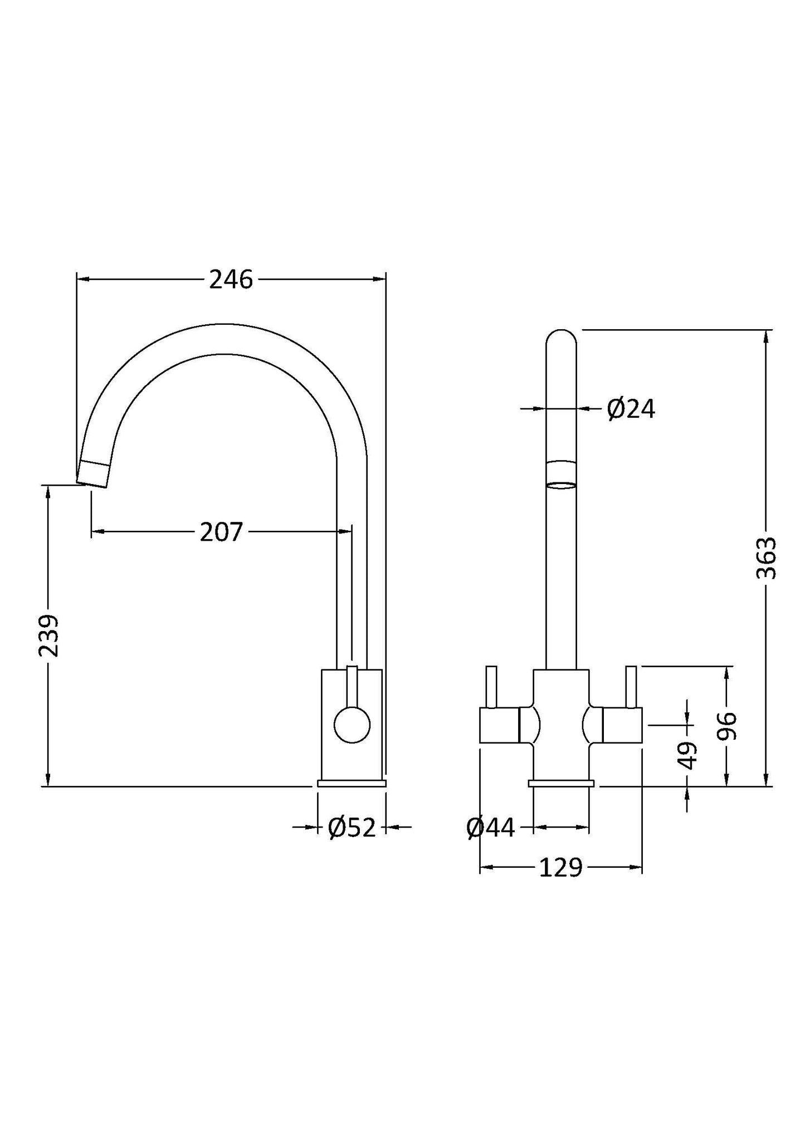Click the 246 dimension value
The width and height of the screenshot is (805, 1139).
click(x=231, y=280)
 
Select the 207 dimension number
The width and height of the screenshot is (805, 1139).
click(x=221, y=532)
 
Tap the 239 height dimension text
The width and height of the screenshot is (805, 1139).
click(x=49, y=636)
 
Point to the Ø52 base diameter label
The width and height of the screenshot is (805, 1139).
click(x=352, y=828)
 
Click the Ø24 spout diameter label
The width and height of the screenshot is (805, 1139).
click(x=631, y=410)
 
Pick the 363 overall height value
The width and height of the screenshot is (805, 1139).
click(x=767, y=558)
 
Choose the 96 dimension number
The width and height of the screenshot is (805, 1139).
click(x=726, y=726)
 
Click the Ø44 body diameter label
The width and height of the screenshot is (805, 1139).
click(x=490, y=828)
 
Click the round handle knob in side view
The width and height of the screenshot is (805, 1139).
click(x=352, y=725)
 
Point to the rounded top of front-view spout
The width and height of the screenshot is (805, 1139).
click(x=560, y=339)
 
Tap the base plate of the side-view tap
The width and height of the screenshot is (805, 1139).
click(x=351, y=783)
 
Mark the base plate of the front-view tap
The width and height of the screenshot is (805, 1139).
click(x=561, y=783)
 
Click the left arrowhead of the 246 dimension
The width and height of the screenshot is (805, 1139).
click(x=81, y=279)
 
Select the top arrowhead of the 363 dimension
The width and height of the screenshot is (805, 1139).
click(x=767, y=336)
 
